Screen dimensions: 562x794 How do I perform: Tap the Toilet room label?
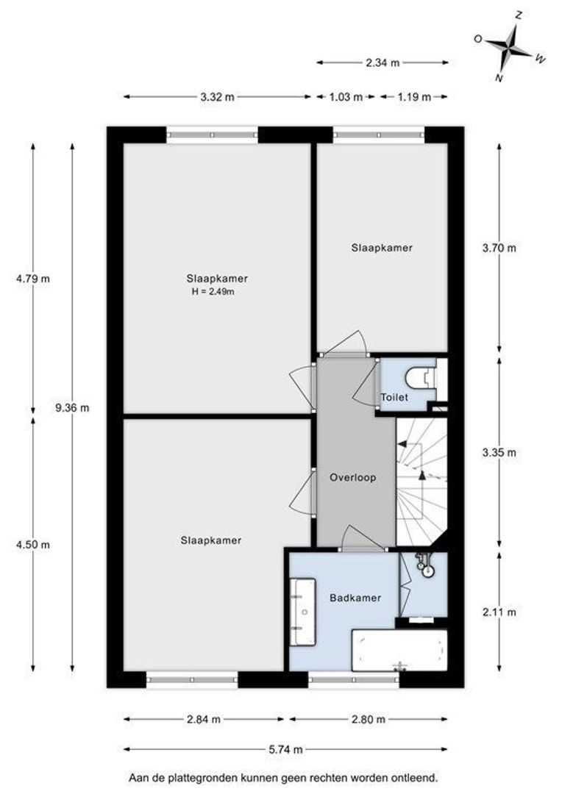[x=394, y=398]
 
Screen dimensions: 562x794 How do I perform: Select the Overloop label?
[x=352, y=478]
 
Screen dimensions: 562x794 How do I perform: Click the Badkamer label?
[x=355, y=598]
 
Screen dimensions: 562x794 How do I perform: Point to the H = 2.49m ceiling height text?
[x=213, y=292]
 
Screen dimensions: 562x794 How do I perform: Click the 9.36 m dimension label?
[x=73, y=407]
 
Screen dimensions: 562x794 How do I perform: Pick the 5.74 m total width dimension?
[x=286, y=749]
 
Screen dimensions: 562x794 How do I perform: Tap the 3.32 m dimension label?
[x=218, y=97]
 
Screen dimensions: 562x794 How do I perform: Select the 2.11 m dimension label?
[x=499, y=612]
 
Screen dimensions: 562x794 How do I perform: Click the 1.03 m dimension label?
[x=346, y=97]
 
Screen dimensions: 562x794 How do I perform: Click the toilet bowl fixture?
[x=420, y=377]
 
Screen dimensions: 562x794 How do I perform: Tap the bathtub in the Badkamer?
[x=400, y=650]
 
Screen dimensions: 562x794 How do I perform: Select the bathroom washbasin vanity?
[x=303, y=612]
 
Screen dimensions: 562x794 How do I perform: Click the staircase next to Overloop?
[x=421, y=482]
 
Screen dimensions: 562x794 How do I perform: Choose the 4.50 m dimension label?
[x=33, y=545]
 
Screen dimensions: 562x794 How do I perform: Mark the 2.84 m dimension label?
[x=203, y=719]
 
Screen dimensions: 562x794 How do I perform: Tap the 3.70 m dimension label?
[x=499, y=248]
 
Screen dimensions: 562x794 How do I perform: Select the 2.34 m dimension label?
[x=383, y=62]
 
